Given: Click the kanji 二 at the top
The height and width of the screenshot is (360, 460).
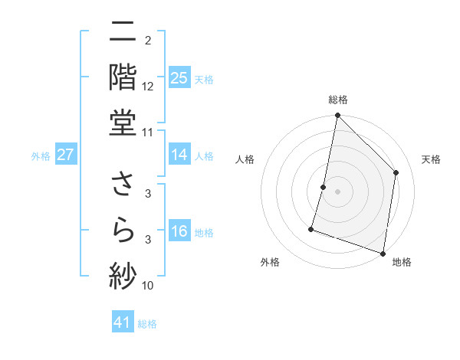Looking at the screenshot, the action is (x=123, y=34).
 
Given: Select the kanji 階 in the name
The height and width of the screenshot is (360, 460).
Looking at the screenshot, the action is (x=123, y=77).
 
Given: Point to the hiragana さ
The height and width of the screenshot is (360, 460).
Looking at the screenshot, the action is (x=123, y=186).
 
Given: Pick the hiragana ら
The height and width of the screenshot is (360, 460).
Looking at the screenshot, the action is (x=123, y=231).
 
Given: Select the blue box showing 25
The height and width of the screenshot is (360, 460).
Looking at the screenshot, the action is (x=179, y=78).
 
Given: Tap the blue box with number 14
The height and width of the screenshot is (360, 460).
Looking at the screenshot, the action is (x=179, y=155).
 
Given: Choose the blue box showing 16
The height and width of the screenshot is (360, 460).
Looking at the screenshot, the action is (x=179, y=232).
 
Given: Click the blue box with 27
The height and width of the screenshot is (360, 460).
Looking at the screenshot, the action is (x=65, y=155).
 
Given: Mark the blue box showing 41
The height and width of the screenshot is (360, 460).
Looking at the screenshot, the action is (x=123, y=323).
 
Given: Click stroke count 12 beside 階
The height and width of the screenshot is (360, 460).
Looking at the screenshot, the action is (x=148, y=86).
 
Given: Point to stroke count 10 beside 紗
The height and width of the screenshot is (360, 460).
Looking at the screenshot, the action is (x=148, y=286).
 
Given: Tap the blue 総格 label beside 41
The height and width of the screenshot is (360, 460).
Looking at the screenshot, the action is (x=147, y=324).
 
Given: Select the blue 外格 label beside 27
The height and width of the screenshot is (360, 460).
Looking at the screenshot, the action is (x=41, y=156).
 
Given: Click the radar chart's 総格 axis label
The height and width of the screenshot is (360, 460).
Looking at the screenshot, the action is (x=338, y=100).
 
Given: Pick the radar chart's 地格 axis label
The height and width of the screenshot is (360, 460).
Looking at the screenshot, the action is (x=402, y=262).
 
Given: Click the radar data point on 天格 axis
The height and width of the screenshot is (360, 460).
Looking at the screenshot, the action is (x=396, y=172).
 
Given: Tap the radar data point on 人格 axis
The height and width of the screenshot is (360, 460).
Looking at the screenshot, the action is (x=324, y=187).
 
